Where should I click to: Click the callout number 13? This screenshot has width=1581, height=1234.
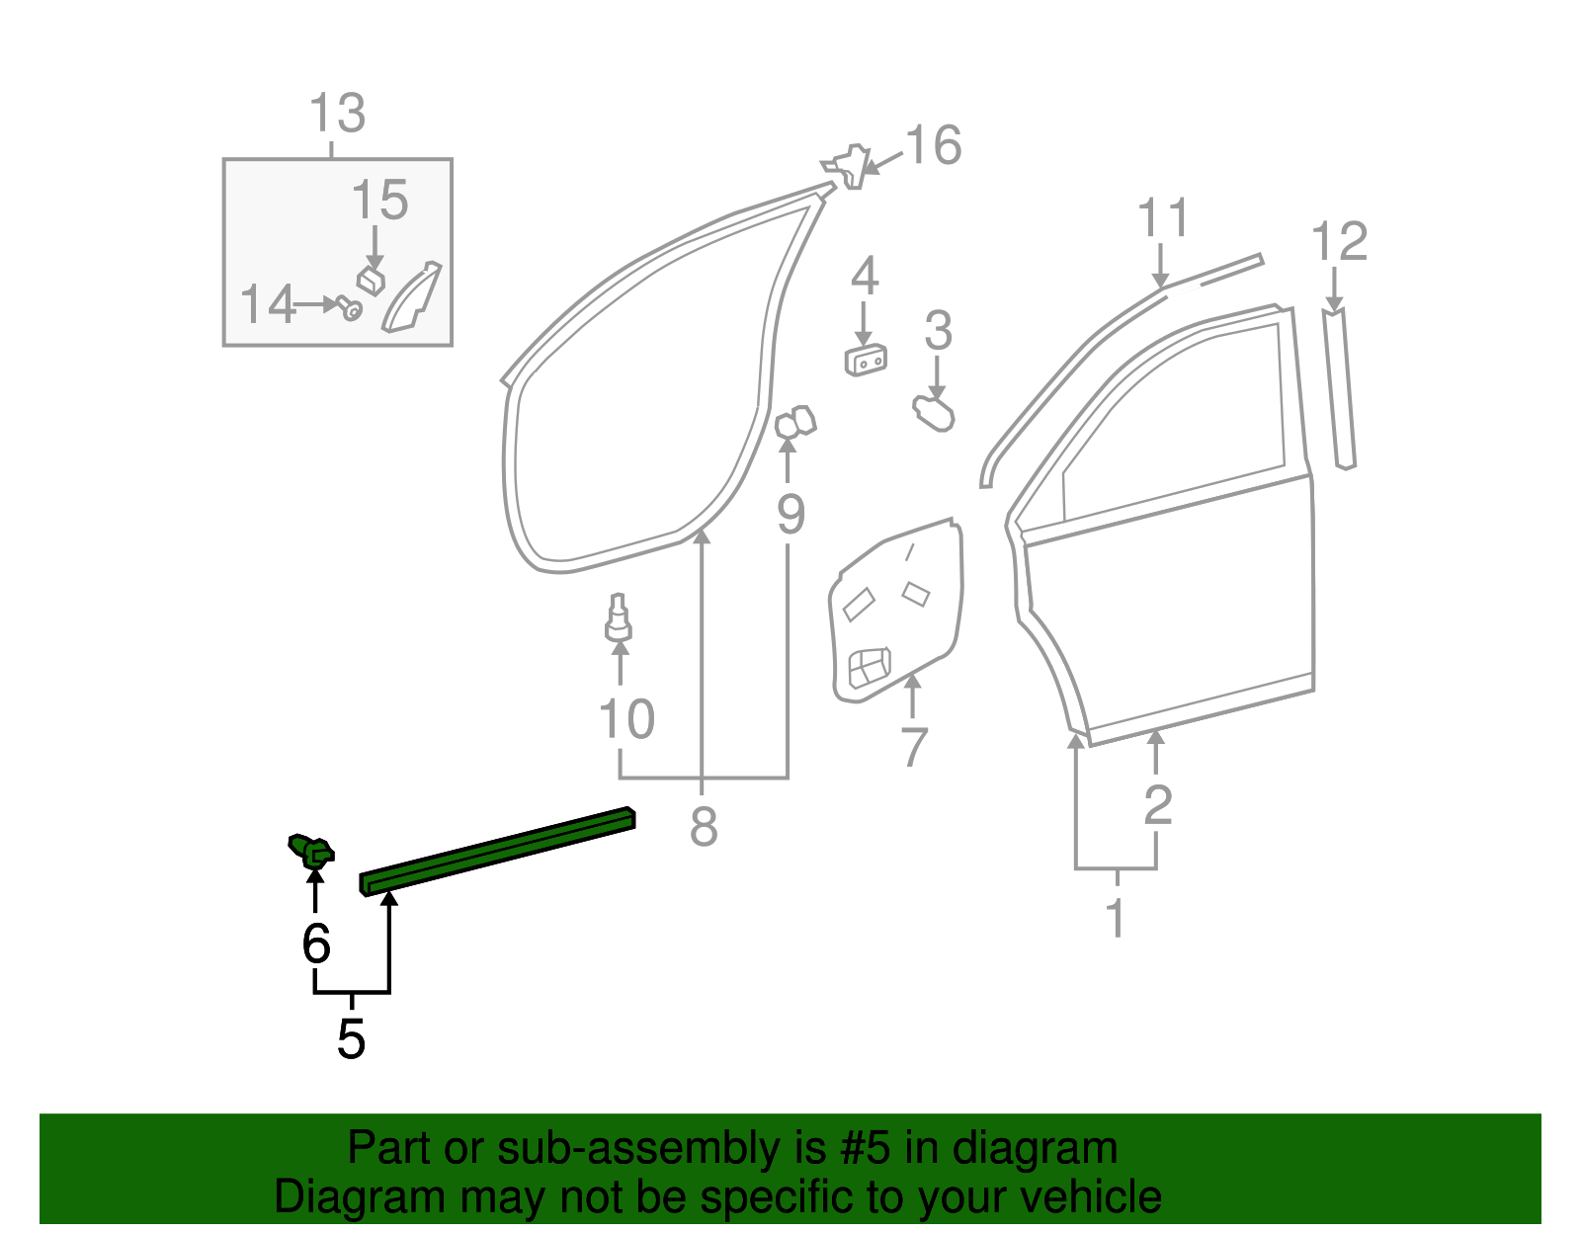[337, 114]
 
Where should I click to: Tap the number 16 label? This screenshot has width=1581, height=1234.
[933, 145]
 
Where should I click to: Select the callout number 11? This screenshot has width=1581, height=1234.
[1162, 218]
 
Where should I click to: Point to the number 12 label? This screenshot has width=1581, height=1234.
[1339, 242]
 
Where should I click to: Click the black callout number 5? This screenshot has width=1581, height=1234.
[351, 1039]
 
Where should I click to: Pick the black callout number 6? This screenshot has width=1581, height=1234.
[315, 945]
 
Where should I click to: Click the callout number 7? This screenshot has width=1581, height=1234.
[914, 747]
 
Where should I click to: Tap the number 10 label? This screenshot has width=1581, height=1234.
[626, 719]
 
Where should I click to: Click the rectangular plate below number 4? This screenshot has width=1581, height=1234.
[865, 361]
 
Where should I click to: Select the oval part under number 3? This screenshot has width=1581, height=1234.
[934, 413]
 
